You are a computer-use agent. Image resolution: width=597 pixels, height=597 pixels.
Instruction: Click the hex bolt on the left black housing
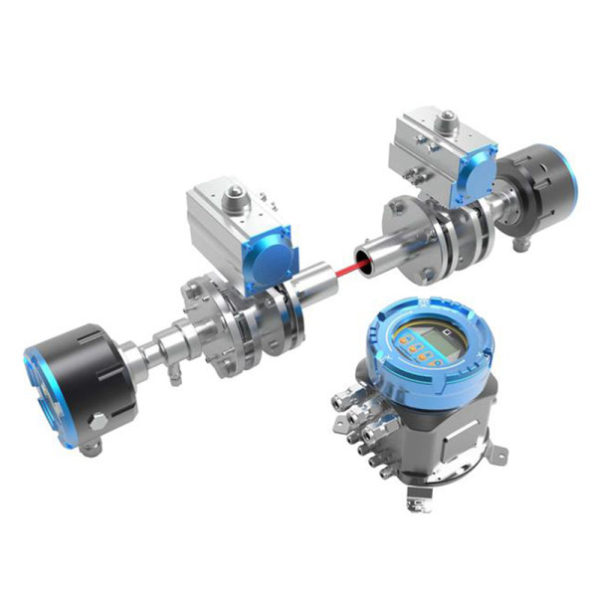pyautogui.click(x=99, y=423)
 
